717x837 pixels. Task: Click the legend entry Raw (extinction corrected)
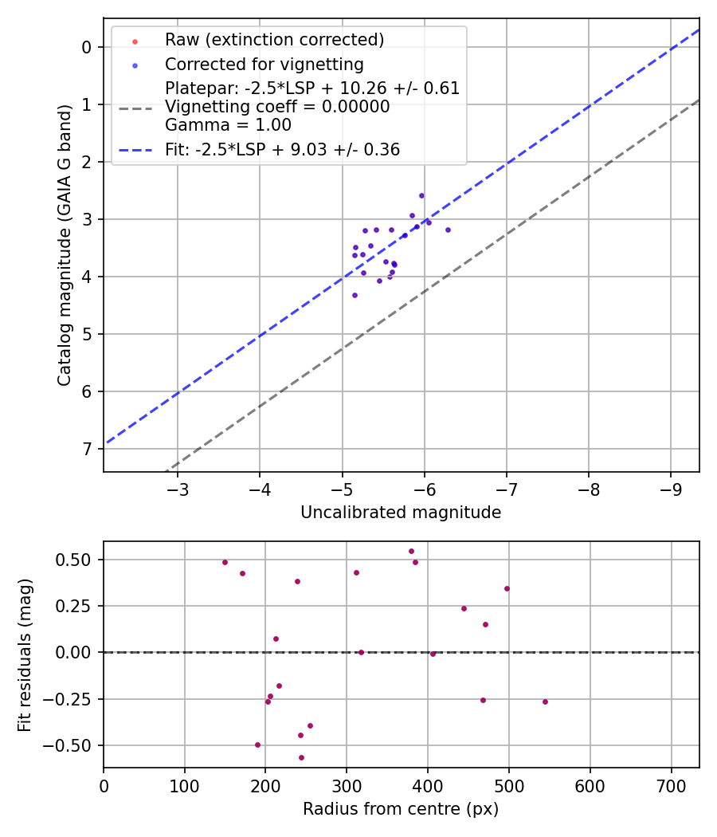point(274,40)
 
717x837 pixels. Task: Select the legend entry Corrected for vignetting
point(264,65)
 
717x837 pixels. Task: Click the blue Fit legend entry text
point(282,150)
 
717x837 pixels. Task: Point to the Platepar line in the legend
point(312,88)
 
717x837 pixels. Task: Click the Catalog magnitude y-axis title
point(65,245)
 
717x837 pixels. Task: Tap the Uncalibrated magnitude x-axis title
point(401,513)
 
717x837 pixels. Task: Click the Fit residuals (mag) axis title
point(25,654)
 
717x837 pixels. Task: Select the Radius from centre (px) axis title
point(401,808)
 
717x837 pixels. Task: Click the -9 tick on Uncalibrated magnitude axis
point(671,488)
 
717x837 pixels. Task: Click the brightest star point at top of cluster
point(421,195)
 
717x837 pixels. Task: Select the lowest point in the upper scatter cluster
point(355,295)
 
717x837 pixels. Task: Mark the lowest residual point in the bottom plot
point(301,757)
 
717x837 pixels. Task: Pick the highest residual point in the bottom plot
point(411,551)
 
